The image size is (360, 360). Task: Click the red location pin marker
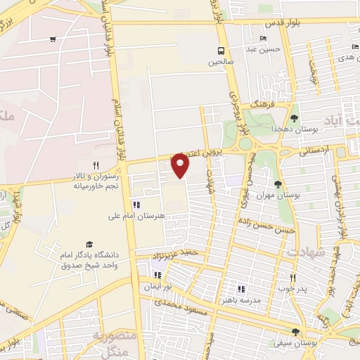point(181,165)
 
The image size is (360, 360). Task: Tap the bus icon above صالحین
point(221,51)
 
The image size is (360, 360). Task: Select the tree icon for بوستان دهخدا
point(293,118)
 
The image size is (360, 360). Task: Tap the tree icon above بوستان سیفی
point(295,332)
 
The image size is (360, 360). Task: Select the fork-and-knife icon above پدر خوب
point(292,277)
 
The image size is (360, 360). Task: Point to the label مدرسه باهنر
point(241,300)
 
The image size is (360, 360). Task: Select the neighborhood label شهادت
point(304,251)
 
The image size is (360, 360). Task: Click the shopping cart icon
point(53,39)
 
